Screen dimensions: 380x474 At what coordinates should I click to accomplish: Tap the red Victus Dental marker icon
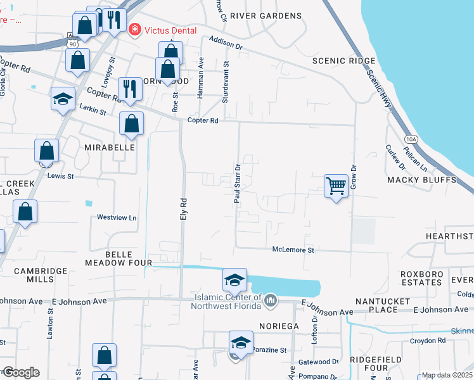[x=134, y=30]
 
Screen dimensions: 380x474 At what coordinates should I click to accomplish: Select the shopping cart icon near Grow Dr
[x=336, y=186]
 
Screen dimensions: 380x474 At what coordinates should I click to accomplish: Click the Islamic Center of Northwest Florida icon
[x=271, y=299]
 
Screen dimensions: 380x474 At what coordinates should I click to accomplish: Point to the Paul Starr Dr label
[x=238, y=184]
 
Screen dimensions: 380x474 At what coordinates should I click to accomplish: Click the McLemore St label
[x=293, y=250]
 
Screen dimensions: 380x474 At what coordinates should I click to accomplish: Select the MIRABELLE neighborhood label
[x=110, y=147]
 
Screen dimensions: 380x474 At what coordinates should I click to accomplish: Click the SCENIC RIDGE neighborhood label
[x=344, y=61]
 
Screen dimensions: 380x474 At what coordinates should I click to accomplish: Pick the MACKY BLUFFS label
[x=421, y=180]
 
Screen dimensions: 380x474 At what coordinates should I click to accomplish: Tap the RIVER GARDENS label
[x=266, y=15]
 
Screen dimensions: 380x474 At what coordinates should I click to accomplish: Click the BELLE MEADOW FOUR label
[x=119, y=258]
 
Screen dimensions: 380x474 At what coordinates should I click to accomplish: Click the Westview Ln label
[x=117, y=217]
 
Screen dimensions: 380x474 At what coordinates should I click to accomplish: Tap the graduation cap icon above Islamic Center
[x=234, y=279]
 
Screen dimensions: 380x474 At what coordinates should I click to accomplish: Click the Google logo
[x=20, y=372]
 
